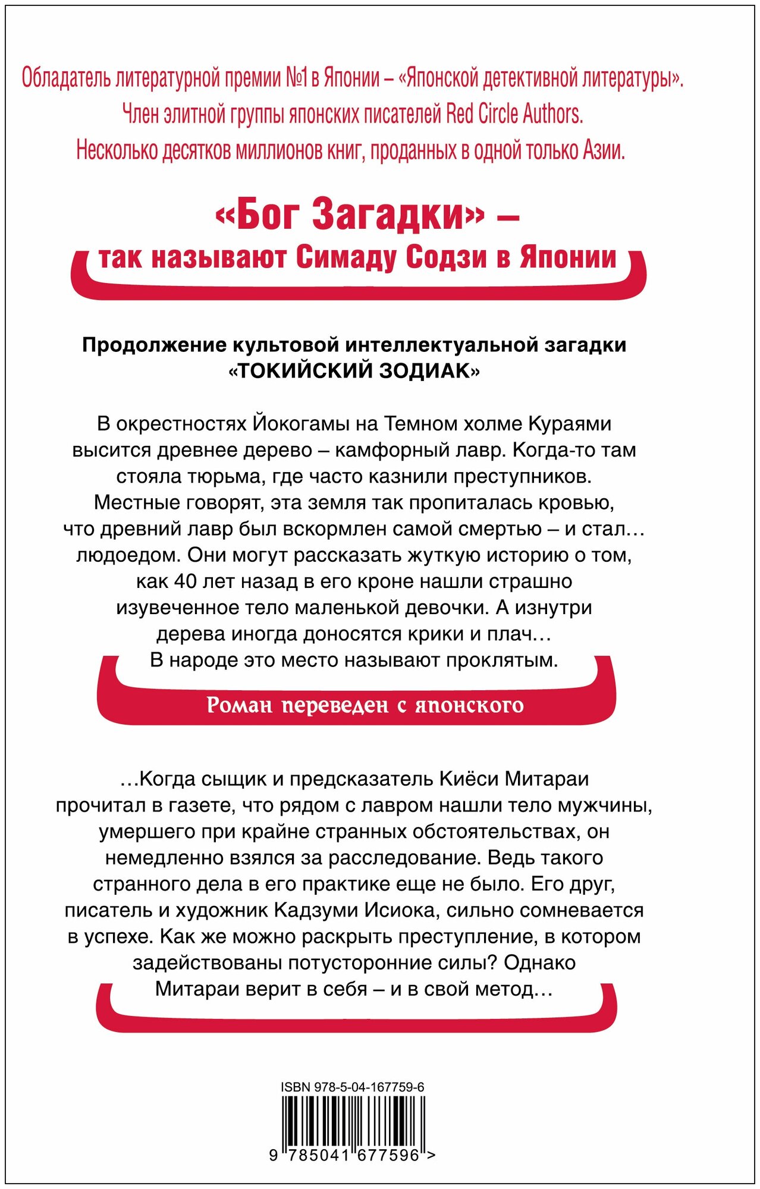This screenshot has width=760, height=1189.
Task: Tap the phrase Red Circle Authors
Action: tap(514, 114)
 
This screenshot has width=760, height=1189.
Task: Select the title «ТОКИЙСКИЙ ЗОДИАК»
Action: tap(354, 371)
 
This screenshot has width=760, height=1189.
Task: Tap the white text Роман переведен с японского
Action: tap(365, 705)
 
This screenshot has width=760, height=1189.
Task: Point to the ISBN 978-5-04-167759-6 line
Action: tap(353, 1087)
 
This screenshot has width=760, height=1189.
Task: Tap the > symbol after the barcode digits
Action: tap(431, 1155)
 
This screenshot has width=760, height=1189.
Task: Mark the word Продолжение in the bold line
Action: tap(154, 345)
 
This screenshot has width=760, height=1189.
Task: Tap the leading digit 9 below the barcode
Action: tap(274, 1155)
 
